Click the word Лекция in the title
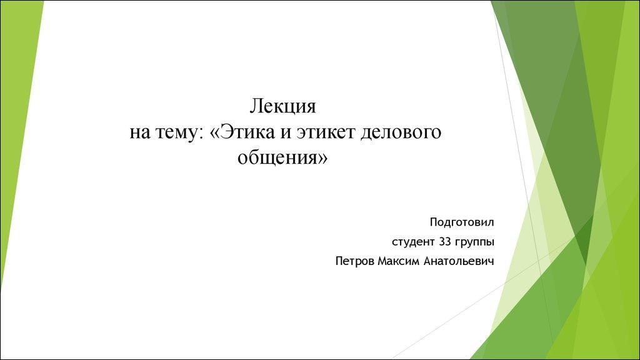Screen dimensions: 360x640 [x=284, y=107]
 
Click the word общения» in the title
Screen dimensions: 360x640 [x=282, y=158]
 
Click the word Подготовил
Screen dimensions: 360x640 [x=462, y=222]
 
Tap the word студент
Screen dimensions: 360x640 [x=411, y=241]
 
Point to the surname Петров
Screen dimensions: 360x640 [x=355, y=261]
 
